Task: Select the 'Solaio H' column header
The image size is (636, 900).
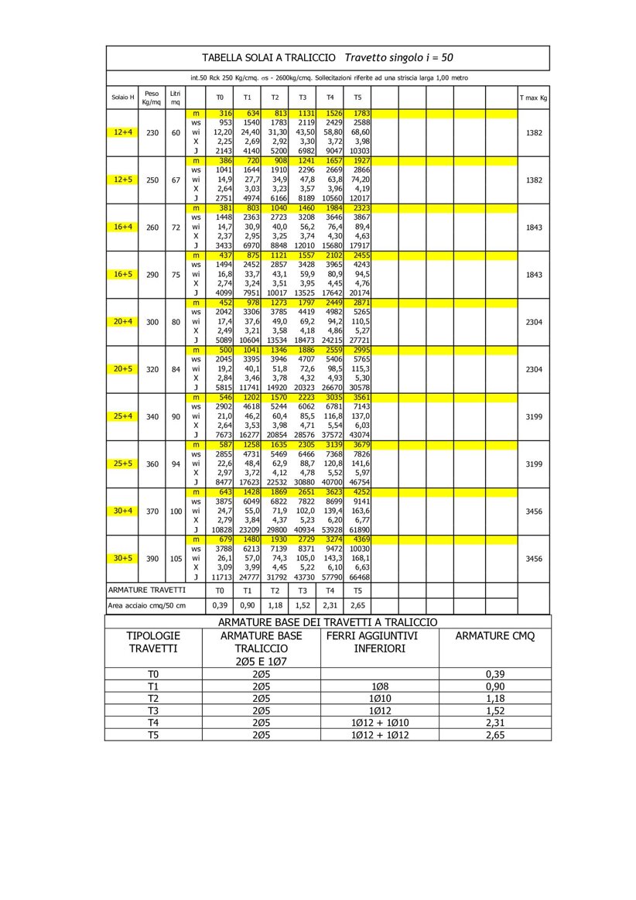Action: click(x=122, y=98)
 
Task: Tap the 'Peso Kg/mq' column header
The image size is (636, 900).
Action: click(x=152, y=98)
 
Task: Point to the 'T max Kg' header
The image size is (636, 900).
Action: click(x=533, y=98)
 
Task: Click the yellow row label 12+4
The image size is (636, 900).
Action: click(x=122, y=132)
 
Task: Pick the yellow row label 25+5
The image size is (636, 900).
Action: click(x=122, y=464)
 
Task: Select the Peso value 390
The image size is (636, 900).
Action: click(x=152, y=558)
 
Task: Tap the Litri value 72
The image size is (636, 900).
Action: click(x=176, y=228)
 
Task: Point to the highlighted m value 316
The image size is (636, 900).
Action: click(x=225, y=114)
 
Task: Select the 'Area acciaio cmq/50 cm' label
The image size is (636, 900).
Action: click(x=146, y=605)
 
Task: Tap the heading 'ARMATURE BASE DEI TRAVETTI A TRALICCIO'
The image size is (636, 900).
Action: click(x=327, y=622)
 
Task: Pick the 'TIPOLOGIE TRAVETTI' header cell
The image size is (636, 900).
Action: click(x=153, y=642)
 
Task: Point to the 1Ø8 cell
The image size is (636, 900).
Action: click(x=379, y=686)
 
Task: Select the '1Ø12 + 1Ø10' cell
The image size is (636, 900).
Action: click(x=379, y=723)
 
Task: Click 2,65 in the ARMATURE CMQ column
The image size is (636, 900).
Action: click(x=495, y=734)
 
